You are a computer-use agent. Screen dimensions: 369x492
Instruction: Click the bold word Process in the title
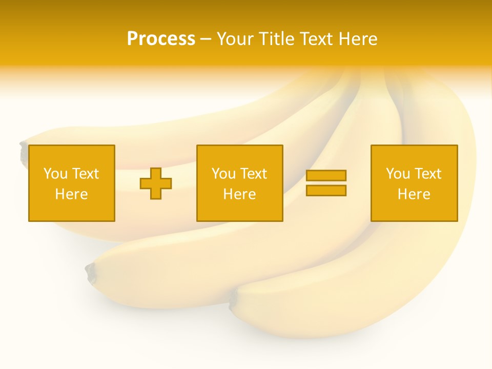[161, 39]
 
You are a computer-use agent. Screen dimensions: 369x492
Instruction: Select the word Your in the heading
[235, 39]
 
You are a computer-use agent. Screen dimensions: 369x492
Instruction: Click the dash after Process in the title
[206, 40]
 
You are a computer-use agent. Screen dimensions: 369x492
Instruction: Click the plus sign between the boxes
[156, 183]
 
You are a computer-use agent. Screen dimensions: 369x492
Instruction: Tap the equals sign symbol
[326, 183]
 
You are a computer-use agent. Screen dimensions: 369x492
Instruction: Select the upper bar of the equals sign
[326, 175]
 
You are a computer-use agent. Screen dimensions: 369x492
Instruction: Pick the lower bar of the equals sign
[326, 191]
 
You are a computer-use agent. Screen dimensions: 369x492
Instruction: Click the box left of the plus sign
[72, 183]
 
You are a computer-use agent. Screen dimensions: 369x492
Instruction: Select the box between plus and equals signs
[240, 183]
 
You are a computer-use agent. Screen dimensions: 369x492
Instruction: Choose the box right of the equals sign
[414, 183]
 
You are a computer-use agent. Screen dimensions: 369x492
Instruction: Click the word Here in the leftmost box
[72, 194]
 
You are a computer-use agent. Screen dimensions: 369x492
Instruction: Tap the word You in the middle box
[223, 174]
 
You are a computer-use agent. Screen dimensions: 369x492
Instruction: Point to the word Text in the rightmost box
[428, 174]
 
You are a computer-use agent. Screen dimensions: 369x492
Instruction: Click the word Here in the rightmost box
[414, 194]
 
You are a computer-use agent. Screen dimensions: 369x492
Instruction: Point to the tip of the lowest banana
[234, 299]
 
